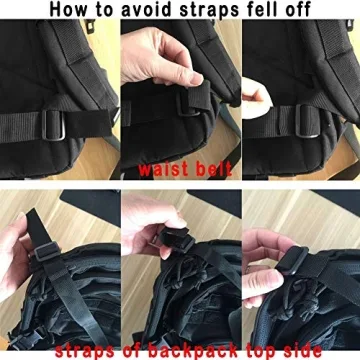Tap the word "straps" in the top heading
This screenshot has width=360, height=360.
(218, 11)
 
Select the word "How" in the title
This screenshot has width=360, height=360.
(74, 11)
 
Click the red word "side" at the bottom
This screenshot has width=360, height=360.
(297, 349)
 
